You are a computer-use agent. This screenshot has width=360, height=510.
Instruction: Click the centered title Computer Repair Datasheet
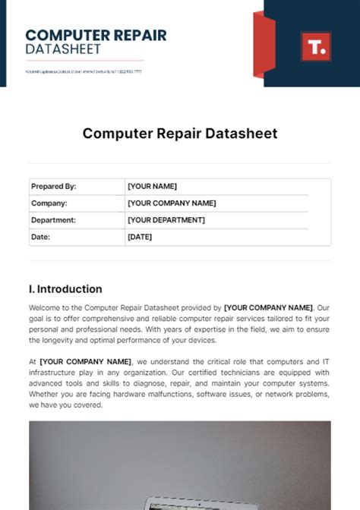click(180, 134)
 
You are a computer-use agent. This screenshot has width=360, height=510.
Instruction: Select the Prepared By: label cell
click(53, 186)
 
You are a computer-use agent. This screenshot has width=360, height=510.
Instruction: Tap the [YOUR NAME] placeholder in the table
click(152, 186)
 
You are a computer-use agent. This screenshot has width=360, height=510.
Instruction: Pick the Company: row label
click(49, 203)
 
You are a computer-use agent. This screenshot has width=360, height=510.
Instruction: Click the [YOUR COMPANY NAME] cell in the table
click(172, 203)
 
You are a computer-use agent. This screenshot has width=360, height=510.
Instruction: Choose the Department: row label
click(53, 219)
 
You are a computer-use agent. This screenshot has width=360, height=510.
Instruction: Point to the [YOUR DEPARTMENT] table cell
click(166, 219)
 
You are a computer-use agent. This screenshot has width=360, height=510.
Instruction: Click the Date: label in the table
click(39, 237)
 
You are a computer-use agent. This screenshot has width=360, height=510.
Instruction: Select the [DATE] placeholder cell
click(140, 237)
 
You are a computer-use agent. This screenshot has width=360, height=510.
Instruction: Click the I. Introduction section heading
click(65, 289)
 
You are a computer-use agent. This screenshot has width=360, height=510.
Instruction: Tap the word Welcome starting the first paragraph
click(46, 308)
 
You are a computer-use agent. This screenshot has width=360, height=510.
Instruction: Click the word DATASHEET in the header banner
click(62, 49)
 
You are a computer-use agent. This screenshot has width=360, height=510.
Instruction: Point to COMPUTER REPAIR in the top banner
click(96, 35)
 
